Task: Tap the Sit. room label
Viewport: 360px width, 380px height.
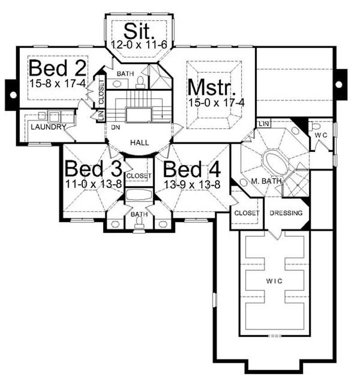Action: click(139, 31)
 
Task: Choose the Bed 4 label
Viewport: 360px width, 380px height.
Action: click(192, 170)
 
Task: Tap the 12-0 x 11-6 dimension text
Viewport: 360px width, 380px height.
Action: click(139, 44)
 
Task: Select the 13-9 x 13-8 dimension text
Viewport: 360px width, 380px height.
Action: click(192, 184)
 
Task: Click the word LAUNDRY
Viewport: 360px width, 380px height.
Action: click(48, 127)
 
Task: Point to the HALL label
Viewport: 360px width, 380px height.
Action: click(139, 143)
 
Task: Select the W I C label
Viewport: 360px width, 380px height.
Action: click(274, 281)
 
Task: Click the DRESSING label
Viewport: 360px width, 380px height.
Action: click(286, 213)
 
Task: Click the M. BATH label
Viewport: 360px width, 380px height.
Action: click(267, 181)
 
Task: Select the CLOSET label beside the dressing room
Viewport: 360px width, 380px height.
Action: click(247, 213)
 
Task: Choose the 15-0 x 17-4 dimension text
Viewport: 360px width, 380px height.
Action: click(216, 103)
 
